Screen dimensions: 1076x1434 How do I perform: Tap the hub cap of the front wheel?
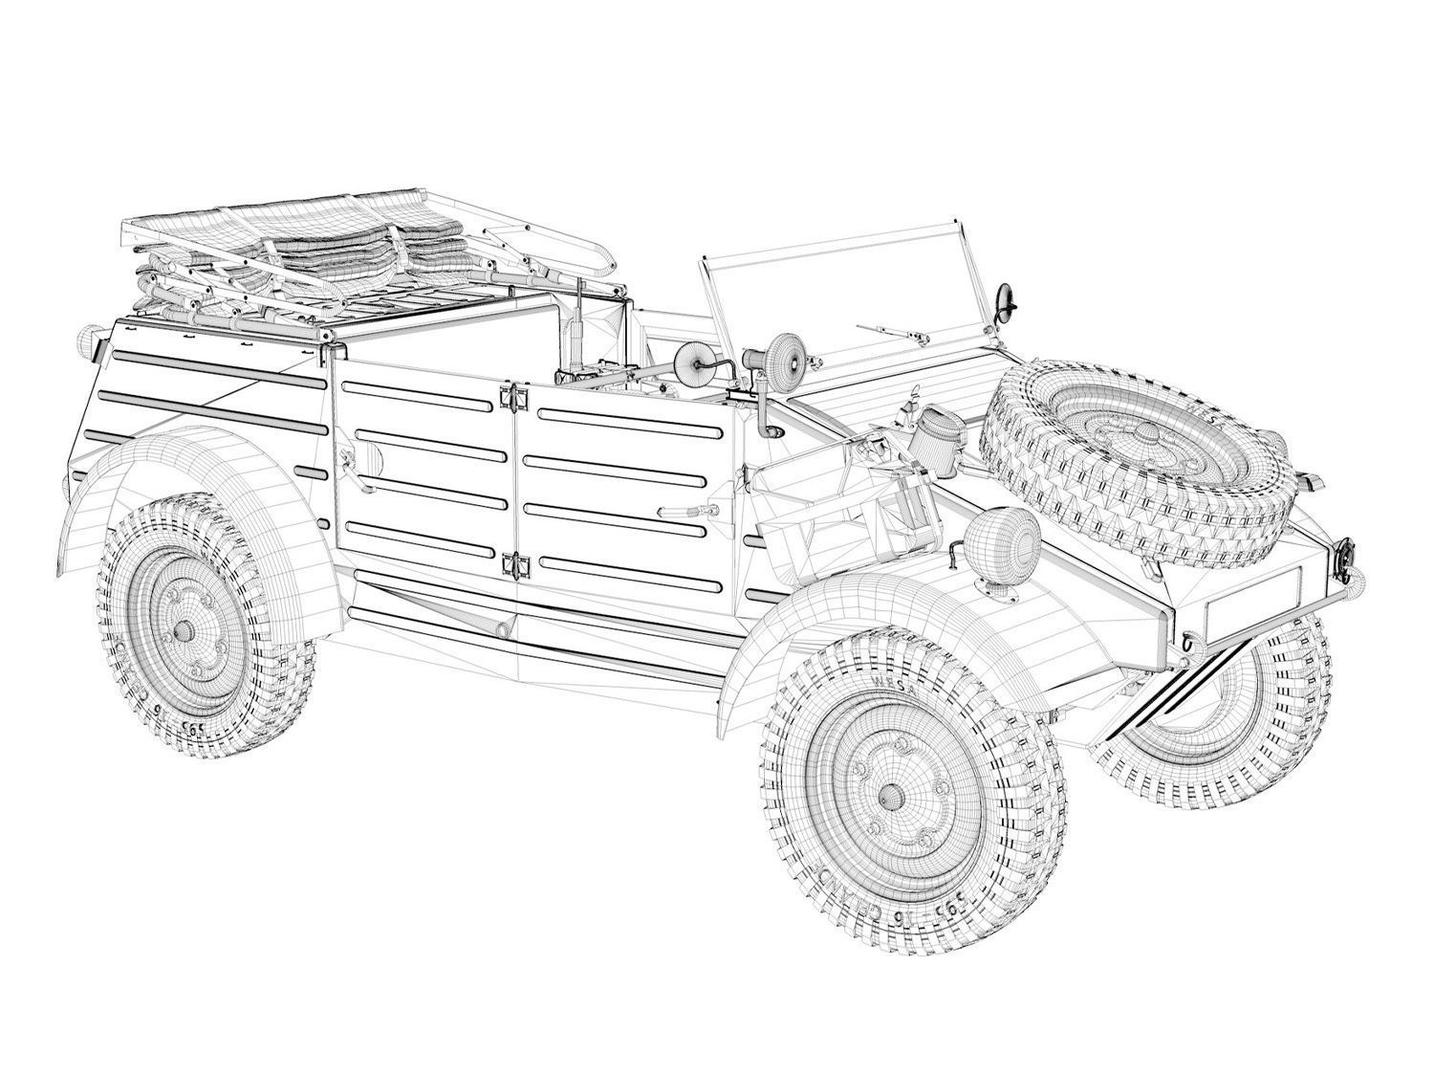pos(890,794)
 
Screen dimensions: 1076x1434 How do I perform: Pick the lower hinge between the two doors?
pos(517,565)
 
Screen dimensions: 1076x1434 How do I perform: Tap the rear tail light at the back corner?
pos(89,340)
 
